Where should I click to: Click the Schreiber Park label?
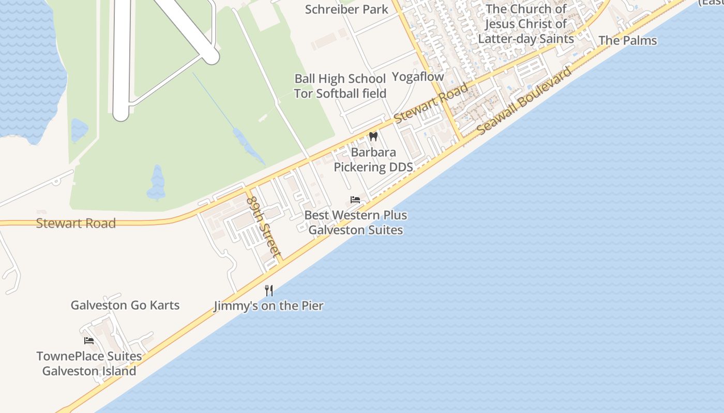(x=346, y=9)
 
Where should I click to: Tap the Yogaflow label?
(x=418, y=77)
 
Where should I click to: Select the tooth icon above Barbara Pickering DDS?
(x=373, y=137)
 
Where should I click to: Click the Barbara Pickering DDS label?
(x=373, y=160)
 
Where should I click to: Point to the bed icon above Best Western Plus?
(x=355, y=200)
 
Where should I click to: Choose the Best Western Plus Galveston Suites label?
(x=356, y=223)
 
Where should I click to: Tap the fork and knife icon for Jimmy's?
(x=269, y=291)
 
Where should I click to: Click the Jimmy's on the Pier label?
(x=269, y=306)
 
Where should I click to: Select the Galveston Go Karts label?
(x=125, y=305)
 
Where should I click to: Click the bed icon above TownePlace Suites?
(x=89, y=341)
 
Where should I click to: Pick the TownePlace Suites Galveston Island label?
(x=89, y=363)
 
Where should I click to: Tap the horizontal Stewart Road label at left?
(x=76, y=224)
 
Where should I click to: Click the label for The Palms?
(x=628, y=40)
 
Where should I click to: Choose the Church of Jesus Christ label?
(x=526, y=24)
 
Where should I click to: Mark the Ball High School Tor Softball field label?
(x=340, y=86)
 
